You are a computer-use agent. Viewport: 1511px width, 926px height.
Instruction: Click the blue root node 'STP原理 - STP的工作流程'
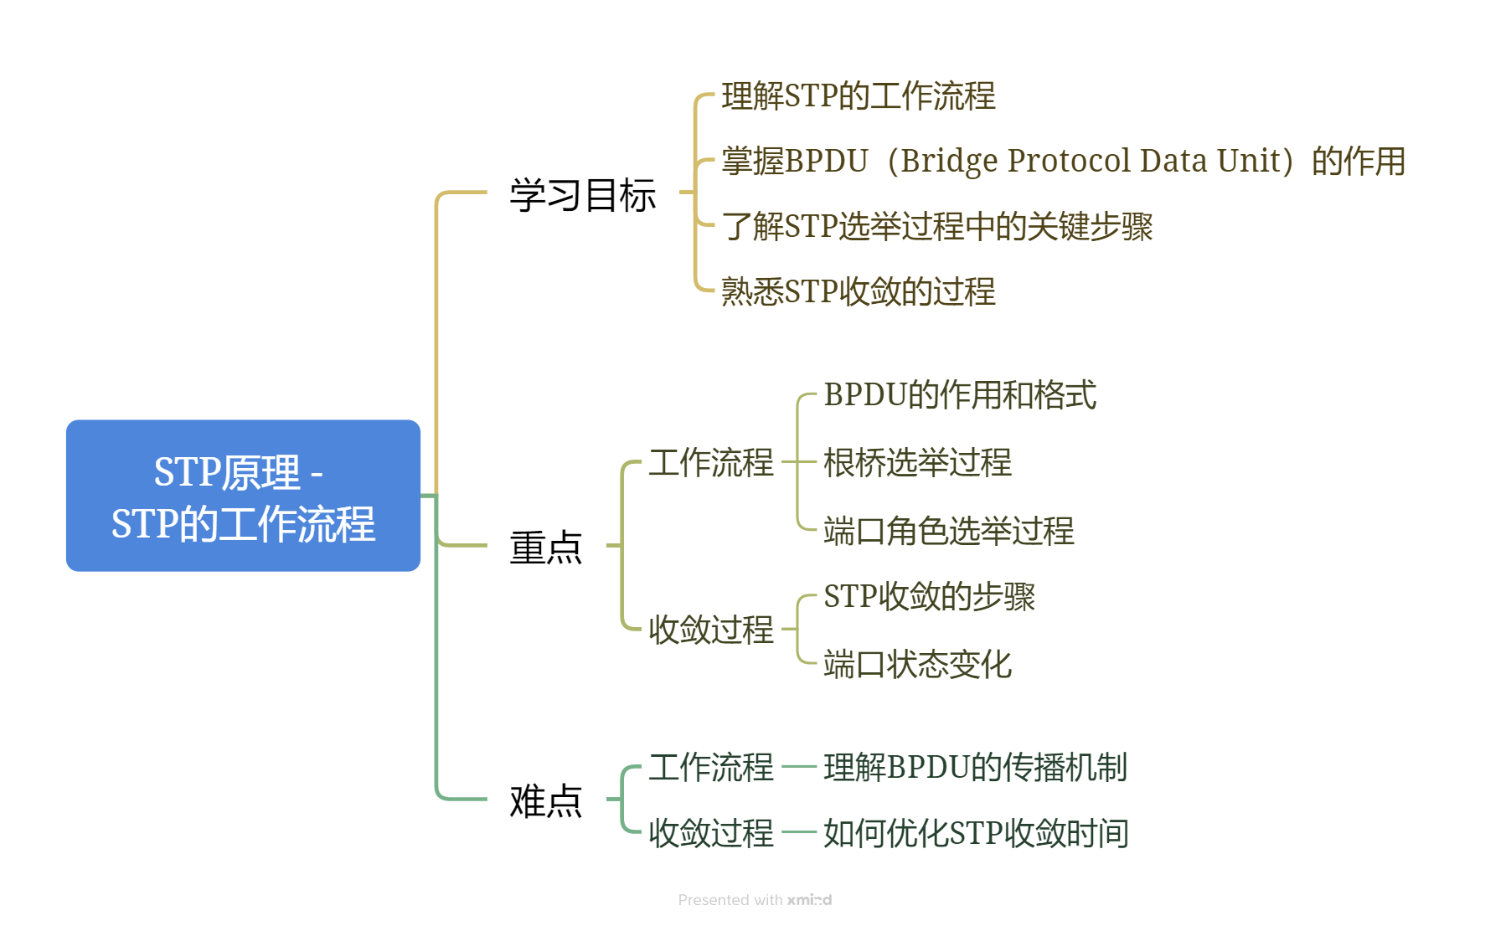pos(243,496)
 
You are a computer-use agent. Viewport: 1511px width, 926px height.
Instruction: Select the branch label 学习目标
pos(582,195)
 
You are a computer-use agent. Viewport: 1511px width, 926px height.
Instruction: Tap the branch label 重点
pos(545,548)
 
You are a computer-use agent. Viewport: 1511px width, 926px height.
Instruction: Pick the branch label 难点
pos(545,801)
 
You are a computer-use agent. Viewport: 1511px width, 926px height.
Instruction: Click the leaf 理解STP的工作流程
pos(858,96)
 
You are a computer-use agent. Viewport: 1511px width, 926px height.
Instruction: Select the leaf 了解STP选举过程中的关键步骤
pos(936,226)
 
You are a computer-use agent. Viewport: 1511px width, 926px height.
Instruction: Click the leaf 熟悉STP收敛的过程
pos(858,291)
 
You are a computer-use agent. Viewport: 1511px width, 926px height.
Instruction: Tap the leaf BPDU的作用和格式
pos(960,395)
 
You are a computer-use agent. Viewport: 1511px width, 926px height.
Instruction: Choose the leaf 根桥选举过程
pos(917,463)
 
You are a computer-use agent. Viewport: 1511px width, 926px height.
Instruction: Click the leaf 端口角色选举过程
pos(948,531)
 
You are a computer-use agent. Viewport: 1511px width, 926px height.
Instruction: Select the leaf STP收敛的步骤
pos(929,597)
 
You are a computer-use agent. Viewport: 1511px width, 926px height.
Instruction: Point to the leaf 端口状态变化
pos(917,665)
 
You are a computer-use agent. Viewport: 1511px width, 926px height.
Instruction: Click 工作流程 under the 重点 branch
pos(710,463)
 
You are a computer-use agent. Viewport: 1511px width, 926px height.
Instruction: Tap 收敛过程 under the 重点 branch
pos(710,630)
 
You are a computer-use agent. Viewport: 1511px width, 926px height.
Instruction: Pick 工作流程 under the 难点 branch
pos(710,767)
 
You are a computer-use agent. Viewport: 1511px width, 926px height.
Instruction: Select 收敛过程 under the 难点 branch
pos(710,833)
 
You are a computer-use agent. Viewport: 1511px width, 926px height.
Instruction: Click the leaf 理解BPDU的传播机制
pos(975,767)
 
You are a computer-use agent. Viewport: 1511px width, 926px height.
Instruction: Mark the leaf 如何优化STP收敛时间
pos(976,833)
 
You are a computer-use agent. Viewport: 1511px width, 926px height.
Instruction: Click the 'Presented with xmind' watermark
pos(755,900)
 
